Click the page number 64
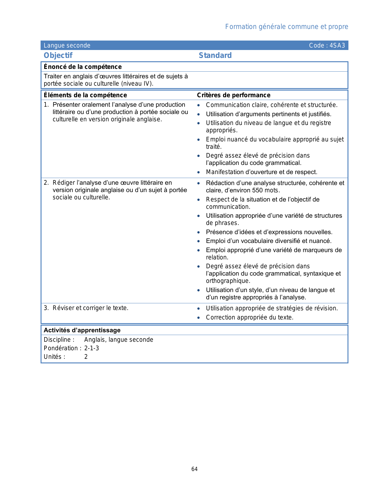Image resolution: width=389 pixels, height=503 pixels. [194, 469]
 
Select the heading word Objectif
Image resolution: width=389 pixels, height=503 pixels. [58, 55]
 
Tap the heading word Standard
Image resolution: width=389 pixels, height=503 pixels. [215, 55]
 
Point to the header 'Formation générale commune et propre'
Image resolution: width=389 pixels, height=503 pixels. [286, 27]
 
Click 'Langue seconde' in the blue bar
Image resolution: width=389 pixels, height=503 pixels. [67, 46]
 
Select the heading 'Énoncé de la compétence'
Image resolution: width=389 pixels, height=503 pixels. [83, 67]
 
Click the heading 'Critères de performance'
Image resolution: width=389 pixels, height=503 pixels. [233, 95]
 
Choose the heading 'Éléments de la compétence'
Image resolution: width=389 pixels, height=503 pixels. [85, 95]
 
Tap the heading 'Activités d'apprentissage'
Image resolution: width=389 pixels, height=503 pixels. [82, 330]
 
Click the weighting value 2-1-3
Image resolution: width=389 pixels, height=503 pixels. [92, 348]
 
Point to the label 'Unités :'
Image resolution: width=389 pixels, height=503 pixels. [55, 357]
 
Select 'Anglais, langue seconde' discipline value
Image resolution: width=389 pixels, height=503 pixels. [119, 340]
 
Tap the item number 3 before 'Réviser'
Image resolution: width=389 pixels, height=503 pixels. [46, 308]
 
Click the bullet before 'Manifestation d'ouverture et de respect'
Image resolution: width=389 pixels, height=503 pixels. [199, 172]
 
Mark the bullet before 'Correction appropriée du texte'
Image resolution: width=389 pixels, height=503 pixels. [199, 318]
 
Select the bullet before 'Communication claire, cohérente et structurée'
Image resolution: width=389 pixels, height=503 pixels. [199, 105]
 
